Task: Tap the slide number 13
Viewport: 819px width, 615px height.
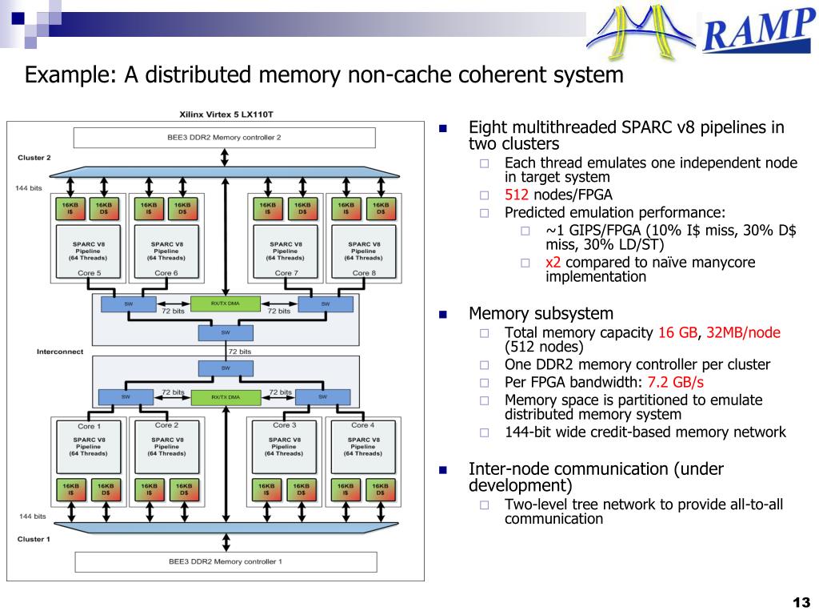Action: tap(801, 602)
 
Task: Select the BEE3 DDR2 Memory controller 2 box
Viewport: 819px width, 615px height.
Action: tap(225, 138)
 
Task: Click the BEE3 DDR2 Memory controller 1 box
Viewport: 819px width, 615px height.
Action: tap(226, 561)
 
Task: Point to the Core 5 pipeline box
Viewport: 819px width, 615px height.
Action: tap(88, 251)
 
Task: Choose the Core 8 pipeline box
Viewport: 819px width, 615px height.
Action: tap(364, 251)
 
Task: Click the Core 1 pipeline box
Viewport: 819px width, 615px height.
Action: tap(88, 447)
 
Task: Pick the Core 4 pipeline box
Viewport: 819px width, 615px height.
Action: tap(363, 447)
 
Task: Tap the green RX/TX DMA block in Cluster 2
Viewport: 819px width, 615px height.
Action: tap(225, 303)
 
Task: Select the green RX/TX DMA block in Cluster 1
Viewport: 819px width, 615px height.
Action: tap(226, 397)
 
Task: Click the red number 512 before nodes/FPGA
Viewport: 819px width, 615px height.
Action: tap(517, 195)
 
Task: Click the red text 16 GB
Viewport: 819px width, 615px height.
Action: tap(677, 332)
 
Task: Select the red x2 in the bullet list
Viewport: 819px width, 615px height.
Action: tap(553, 262)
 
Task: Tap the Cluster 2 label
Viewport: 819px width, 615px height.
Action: tap(34, 158)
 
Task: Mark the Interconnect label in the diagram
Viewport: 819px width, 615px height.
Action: tap(59, 352)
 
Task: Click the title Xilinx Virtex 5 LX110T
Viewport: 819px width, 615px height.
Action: tap(226, 114)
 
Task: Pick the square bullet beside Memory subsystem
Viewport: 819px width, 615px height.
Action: tap(443, 314)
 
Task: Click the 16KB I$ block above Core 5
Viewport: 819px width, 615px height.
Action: tap(70, 209)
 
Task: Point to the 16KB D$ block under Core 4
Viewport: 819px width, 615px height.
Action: tap(380, 489)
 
